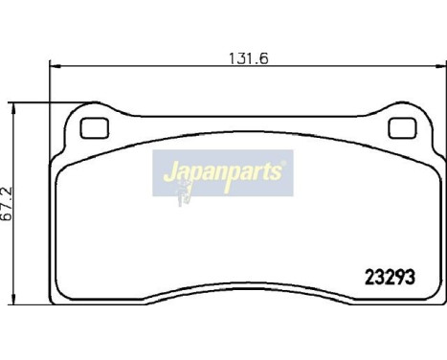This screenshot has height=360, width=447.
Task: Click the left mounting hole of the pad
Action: [94, 127]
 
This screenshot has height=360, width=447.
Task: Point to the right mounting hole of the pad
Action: [399, 127]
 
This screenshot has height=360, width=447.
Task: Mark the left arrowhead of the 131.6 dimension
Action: [54, 67]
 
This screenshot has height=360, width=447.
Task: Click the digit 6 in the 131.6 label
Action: [260, 57]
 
